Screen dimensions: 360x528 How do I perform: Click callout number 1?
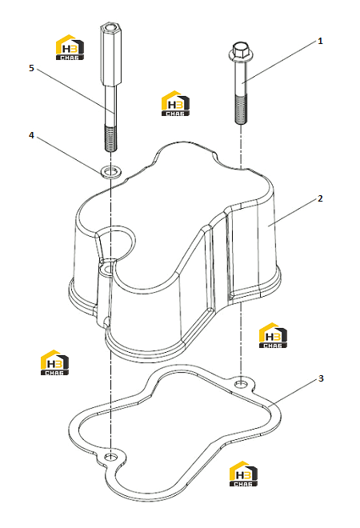(x=320, y=41)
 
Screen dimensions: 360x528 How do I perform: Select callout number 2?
(x=320, y=198)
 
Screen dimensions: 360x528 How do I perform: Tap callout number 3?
(x=321, y=378)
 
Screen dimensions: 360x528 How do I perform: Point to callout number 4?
(x=31, y=135)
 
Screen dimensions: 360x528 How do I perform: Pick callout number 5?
(x=31, y=68)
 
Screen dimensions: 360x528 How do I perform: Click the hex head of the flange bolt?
(x=238, y=50)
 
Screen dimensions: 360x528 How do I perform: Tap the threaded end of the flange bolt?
(x=241, y=110)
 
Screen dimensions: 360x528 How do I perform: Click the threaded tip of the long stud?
(x=110, y=138)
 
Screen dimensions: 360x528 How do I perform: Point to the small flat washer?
(x=110, y=172)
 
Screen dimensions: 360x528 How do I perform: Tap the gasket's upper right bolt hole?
(x=241, y=383)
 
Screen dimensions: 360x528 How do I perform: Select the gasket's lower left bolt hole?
(x=110, y=457)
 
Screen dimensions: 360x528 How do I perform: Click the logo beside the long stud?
(x=70, y=47)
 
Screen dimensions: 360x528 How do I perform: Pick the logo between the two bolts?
(x=175, y=103)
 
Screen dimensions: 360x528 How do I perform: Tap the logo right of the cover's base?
(x=273, y=335)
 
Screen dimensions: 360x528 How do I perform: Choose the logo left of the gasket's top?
(x=54, y=362)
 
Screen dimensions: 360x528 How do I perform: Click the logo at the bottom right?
(x=243, y=474)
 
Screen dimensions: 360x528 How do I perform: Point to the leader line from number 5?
(x=75, y=90)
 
